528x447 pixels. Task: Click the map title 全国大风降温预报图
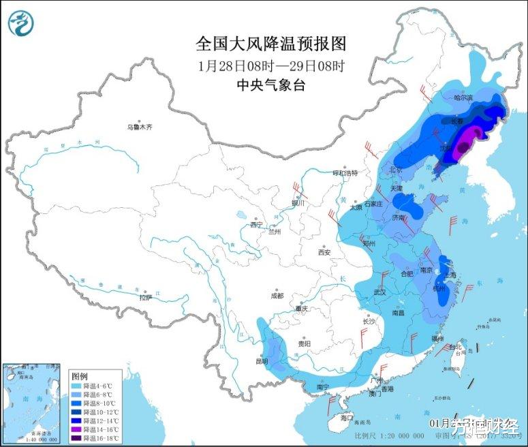coord(271,44)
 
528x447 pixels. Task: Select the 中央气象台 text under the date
coord(271,85)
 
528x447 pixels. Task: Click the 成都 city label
coord(277,296)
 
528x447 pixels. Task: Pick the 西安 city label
coord(324,252)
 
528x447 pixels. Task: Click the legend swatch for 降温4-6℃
coord(76,386)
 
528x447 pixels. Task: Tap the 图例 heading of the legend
coord(79,376)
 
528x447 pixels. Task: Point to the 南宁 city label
coord(323,387)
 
